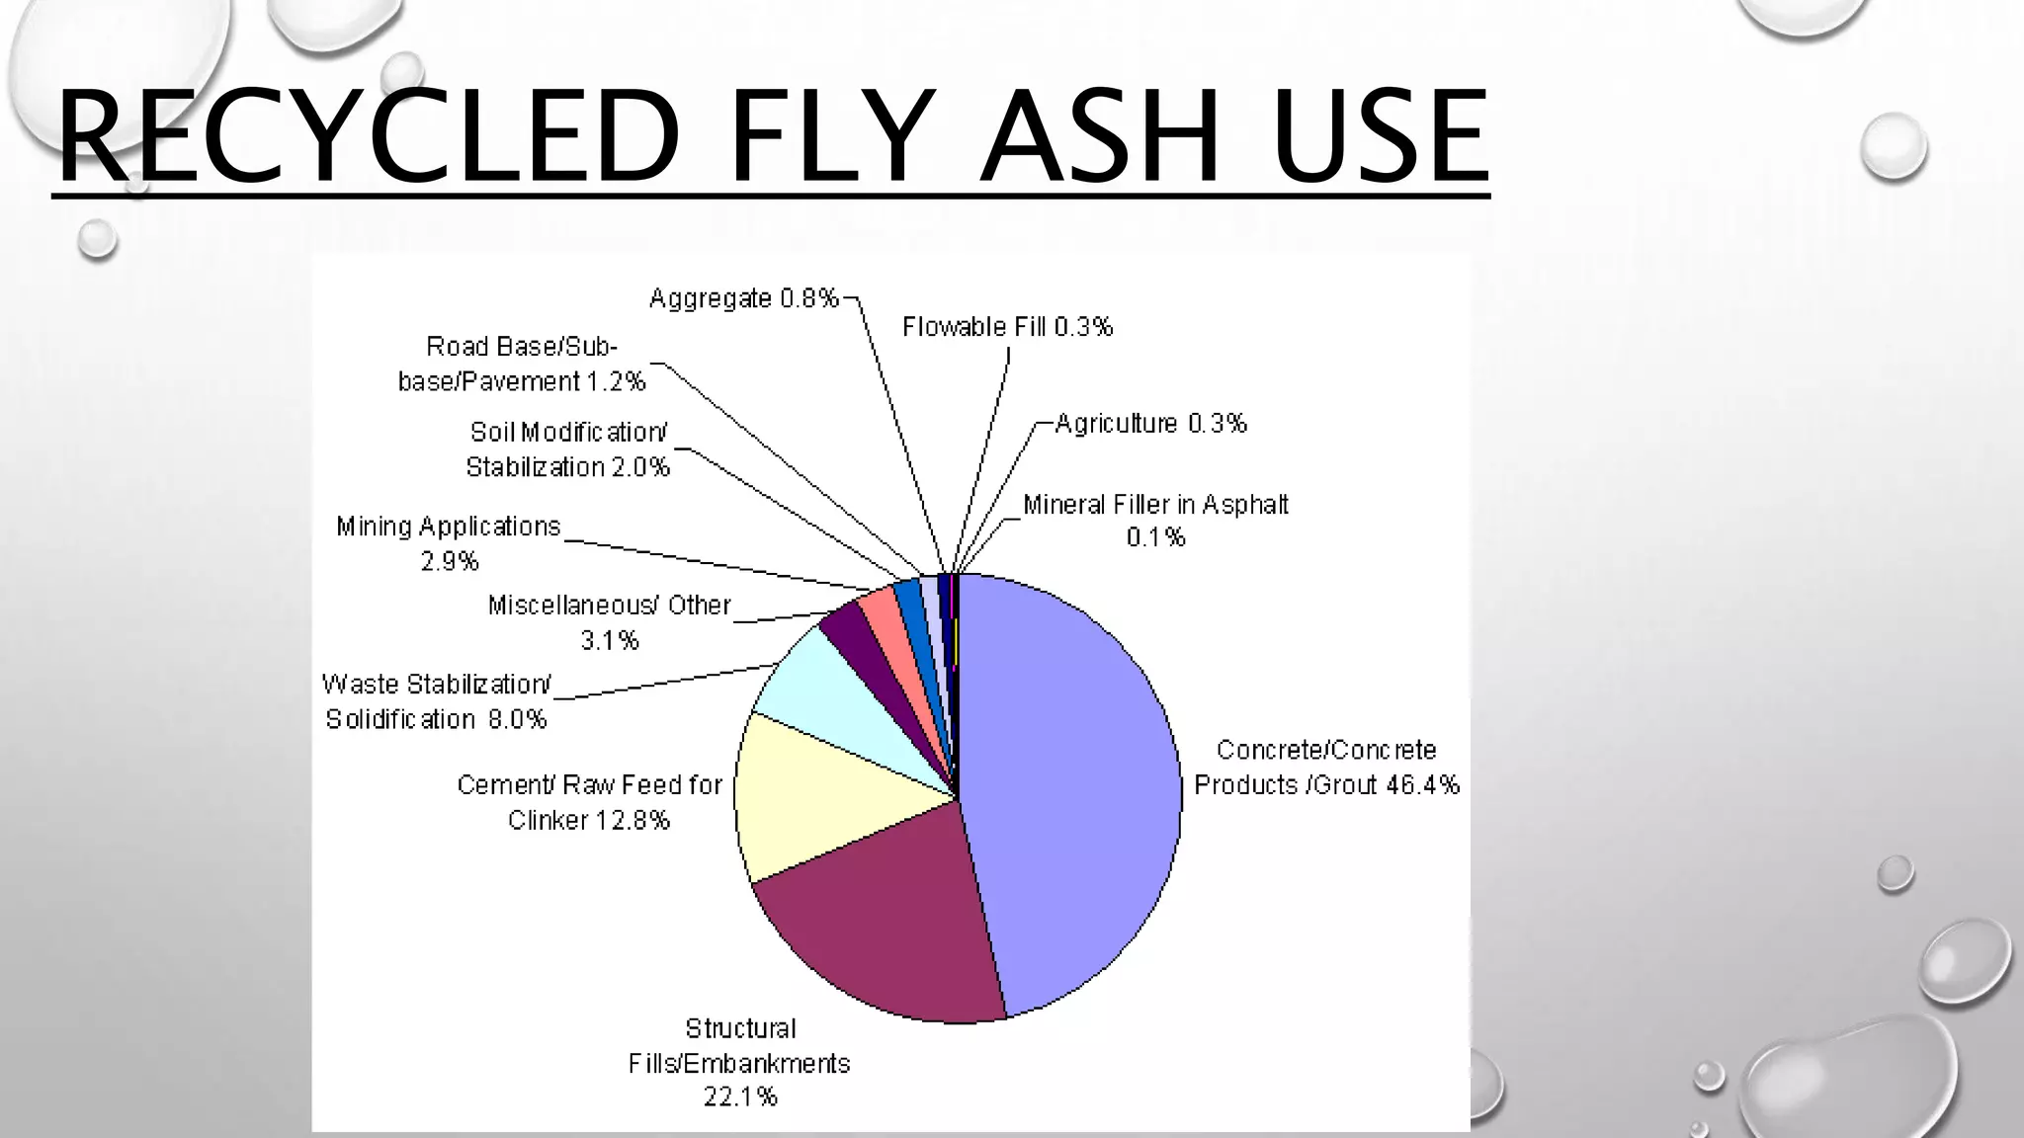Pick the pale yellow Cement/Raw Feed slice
820,800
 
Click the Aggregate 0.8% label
744,298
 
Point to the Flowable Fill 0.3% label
1007,327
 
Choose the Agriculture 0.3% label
1150,424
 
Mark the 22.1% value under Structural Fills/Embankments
740,1097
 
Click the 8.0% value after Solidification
517,720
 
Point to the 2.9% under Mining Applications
450,562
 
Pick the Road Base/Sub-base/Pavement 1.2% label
522,364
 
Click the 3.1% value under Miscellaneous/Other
610,641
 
